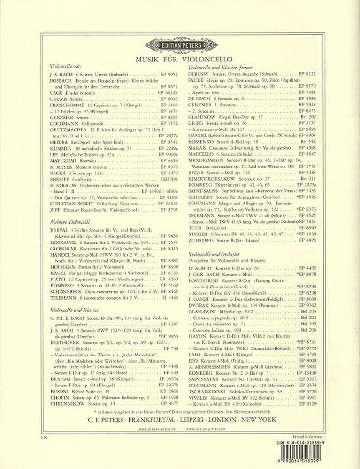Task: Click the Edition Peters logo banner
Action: click(x=181, y=45)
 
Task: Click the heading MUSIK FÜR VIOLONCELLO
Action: click(x=181, y=60)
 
